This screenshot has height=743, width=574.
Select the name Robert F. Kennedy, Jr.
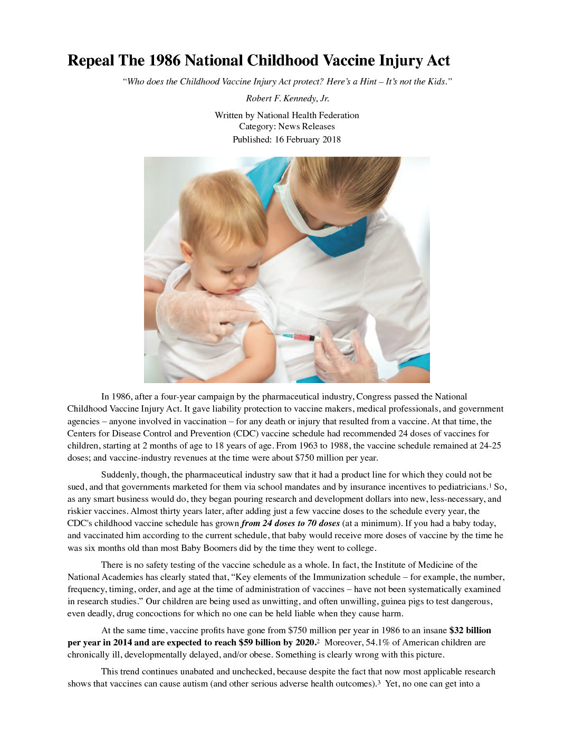coord(287,98)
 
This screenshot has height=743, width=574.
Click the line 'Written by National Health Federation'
coord(286,115)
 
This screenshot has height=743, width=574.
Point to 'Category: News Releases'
coord(286,127)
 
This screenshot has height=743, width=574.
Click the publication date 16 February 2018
coord(307,139)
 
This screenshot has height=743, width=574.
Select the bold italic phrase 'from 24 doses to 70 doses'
coord(290,523)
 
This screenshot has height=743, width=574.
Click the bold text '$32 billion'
coord(470,631)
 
